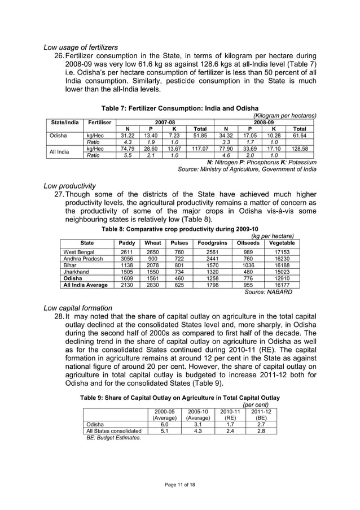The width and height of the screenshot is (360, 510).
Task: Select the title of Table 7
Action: [179, 108]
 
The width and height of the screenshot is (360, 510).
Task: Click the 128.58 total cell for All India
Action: [300, 149]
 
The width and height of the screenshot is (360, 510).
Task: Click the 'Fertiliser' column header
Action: [99, 122]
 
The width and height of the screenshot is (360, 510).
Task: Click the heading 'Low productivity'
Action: [70, 186]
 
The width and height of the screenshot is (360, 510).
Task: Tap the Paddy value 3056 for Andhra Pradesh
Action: [127, 259]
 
